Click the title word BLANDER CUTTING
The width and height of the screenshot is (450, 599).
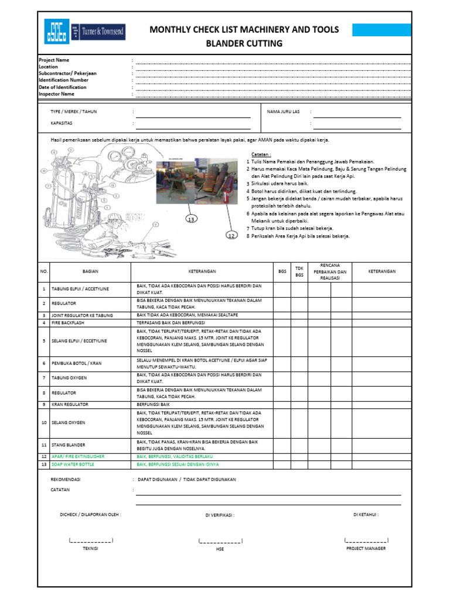[x=244, y=43]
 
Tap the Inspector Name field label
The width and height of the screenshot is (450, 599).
[x=56, y=94]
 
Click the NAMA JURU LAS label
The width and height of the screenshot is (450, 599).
[x=283, y=111]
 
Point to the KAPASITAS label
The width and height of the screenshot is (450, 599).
[x=62, y=123]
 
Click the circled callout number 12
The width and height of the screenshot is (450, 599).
[x=233, y=235]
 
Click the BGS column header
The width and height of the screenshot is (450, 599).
[x=282, y=271]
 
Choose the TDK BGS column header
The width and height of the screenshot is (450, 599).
[x=299, y=271]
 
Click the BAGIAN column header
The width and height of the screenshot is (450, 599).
[x=90, y=271]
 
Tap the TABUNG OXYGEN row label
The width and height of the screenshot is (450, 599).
[x=66, y=378]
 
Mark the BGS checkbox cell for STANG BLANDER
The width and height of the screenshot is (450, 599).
[x=282, y=445]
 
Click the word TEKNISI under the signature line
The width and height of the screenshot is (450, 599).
[x=90, y=548]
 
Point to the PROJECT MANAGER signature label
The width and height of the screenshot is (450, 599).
[x=366, y=548]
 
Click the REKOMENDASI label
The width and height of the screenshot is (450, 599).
[x=66, y=479]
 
